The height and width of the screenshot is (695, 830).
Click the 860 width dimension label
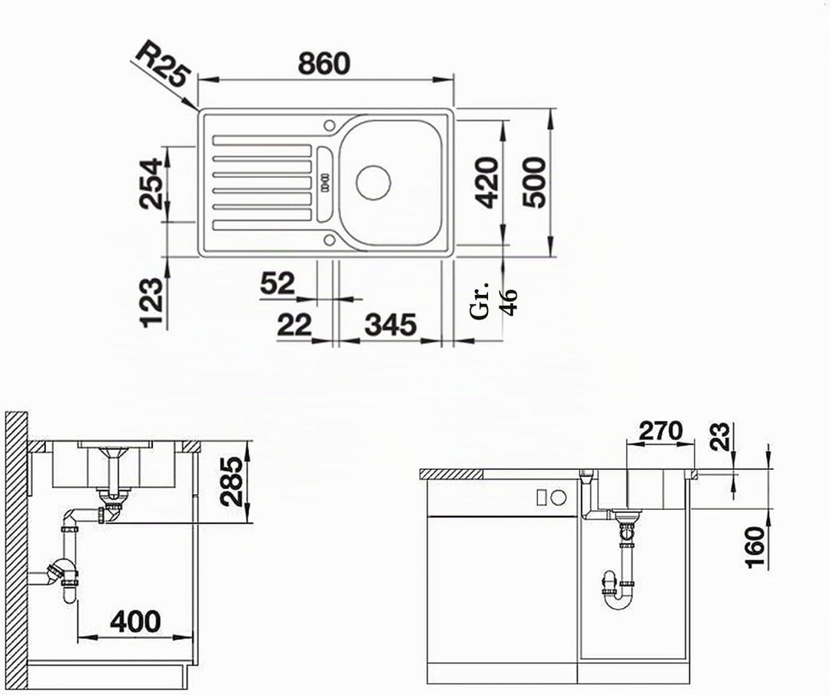coord(324,63)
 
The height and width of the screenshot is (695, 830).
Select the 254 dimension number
coord(151,184)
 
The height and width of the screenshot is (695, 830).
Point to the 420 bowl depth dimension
coord(486,182)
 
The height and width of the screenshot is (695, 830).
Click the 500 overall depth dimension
coord(533,183)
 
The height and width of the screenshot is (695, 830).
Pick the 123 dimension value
coord(151,303)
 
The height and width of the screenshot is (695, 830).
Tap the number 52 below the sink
coord(277,283)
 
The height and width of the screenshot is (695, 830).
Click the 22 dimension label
coord(294,325)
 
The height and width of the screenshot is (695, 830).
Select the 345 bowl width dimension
coord(390,325)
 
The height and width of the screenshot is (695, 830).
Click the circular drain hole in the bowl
coord(373,183)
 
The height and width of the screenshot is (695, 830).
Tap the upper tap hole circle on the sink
coord(329,125)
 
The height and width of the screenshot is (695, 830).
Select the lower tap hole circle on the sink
coord(329,240)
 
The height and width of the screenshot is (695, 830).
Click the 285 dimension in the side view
coord(232,482)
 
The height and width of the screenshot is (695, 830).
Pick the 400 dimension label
coord(135,621)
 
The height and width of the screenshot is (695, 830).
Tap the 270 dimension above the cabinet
coord(661,431)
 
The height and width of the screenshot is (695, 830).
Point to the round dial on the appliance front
coord(559,497)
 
